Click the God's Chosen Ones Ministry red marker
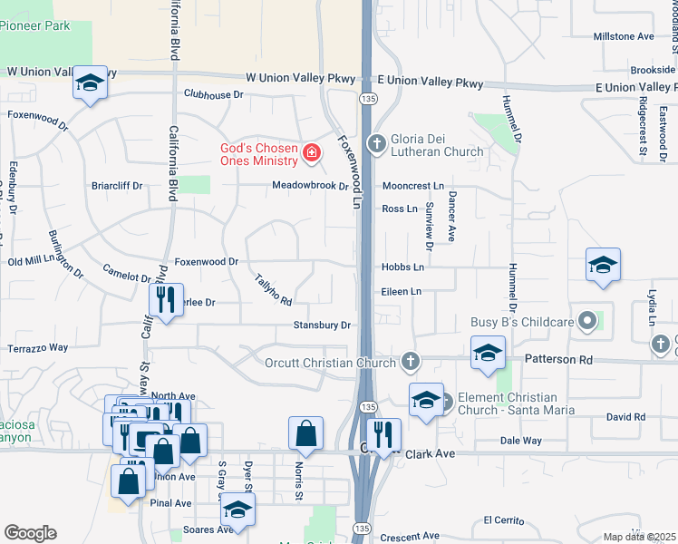coord(311,151)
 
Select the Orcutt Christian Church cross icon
coord(411,363)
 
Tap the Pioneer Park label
coord(35,26)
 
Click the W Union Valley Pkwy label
coord(62,71)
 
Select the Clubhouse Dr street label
coord(214,94)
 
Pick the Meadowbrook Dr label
coord(311,187)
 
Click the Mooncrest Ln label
coord(412,186)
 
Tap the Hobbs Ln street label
coord(402,267)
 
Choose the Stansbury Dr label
coord(321,325)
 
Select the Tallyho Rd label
coord(273,289)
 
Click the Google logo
coord(30,533)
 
